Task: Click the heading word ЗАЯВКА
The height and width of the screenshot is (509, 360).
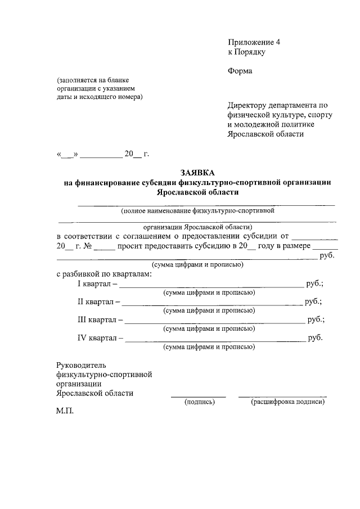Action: coord(197,173)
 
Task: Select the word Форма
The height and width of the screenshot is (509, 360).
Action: coord(240,71)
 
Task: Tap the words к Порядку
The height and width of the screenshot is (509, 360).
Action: coord(246,52)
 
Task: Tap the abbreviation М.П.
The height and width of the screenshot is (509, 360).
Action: coord(65,412)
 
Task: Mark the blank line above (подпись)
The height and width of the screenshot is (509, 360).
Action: coord(199,397)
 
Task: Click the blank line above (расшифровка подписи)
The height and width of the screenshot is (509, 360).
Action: coord(282,397)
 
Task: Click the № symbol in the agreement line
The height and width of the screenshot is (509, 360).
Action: coord(87,246)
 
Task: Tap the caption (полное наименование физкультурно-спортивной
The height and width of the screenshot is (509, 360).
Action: coord(197,211)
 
